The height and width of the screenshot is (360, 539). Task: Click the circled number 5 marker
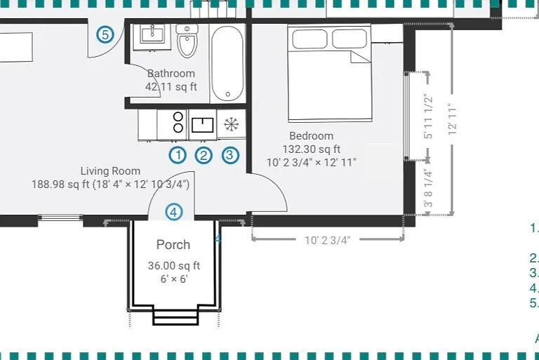pyautogui.click(x=105, y=34)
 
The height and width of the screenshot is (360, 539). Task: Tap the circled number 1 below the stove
pyautogui.click(x=178, y=155)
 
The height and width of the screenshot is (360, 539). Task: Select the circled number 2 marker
pyautogui.click(x=204, y=155)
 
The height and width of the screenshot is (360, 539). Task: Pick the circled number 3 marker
pyautogui.click(x=230, y=155)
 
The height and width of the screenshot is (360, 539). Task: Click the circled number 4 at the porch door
pyautogui.click(x=173, y=212)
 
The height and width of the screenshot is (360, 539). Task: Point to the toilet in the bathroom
pyautogui.click(x=187, y=41)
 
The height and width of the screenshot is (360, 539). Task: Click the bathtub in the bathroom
pyautogui.click(x=227, y=64)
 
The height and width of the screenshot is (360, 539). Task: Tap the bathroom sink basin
pyautogui.click(x=152, y=35)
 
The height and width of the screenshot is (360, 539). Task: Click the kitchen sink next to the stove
pyautogui.click(x=203, y=125)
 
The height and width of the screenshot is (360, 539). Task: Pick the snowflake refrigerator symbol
pyautogui.click(x=232, y=124)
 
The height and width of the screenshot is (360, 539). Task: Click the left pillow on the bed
pyautogui.click(x=310, y=39)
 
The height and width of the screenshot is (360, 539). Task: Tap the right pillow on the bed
pyautogui.click(x=350, y=39)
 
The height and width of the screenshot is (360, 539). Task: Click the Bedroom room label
pyautogui.click(x=312, y=136)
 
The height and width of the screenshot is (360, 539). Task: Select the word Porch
pyautogui.click(x=173, y=245)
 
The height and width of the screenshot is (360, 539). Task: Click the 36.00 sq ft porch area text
pyautogui.click(x=174, y=266)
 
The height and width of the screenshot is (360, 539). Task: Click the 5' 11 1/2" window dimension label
pyautogui.click(x=428, y=116)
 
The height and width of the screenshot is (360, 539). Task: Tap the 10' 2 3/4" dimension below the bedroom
pyautogui.click(x=327, y=240)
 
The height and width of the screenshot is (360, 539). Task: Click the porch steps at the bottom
pyautogui.click(x=175, y=317)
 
